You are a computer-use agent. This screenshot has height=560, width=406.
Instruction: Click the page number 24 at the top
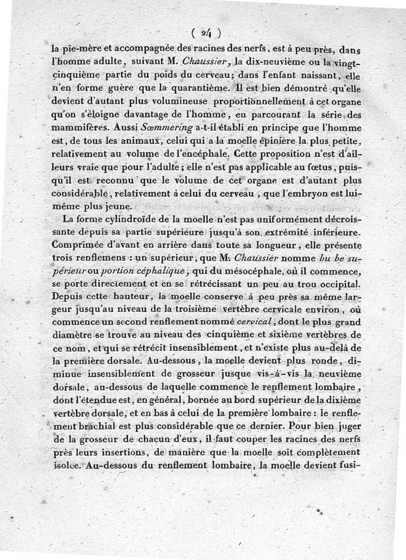pos(206,33)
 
